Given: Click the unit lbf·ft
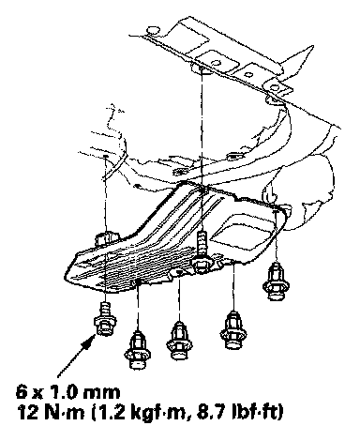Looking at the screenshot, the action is pyautogui.click(x=254, y=413).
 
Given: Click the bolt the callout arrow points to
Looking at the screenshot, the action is pyautogui.click(x=105, y=318).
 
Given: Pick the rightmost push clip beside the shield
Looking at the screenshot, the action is pyautogui.click(x=276, y=281).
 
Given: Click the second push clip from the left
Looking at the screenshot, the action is pyautogui.click(x=179, y=341).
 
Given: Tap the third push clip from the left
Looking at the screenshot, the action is pyautogui.click(x=232, y=329).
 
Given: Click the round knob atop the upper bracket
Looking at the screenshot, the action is pyautogui.click(x=153, y=30).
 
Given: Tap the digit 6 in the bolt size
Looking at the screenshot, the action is pyautogui.click(x=22, y=392).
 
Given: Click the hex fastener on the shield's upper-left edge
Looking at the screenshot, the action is pyautogui.click(x=104, y=239).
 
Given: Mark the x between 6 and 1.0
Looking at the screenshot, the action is pyautogui.click(x=38, y=394).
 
